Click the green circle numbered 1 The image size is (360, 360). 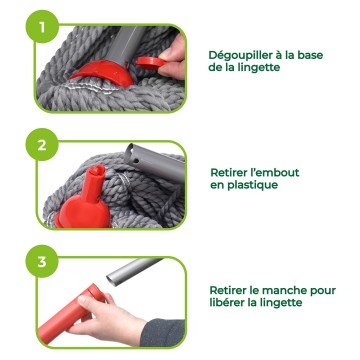(42, 27)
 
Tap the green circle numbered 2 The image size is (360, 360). (42, 145)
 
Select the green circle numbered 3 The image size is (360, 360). (42, 262)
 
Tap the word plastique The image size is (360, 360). (252, 185)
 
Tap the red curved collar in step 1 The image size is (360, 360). (103, 73)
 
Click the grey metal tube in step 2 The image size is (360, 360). (154, 163)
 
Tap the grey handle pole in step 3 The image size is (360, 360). (133, 271)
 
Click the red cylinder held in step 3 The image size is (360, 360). (72, 313)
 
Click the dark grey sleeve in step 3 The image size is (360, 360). (163, 332)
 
